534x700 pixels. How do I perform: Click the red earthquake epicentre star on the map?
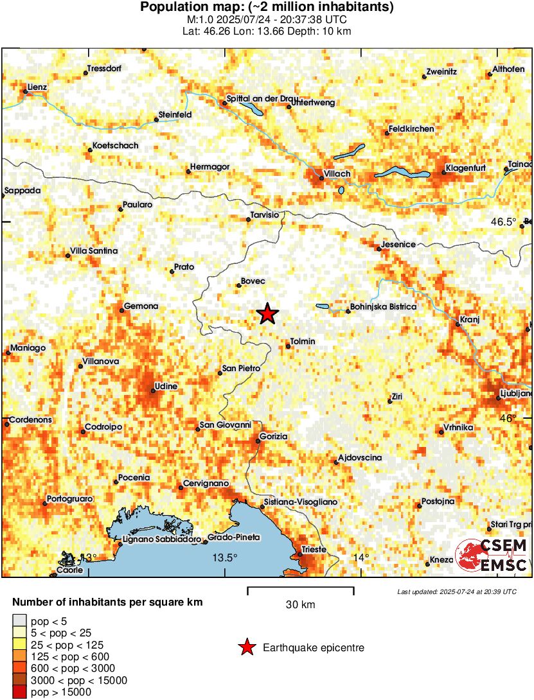click(267, 313)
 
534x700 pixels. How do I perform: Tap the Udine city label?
click(165, 386)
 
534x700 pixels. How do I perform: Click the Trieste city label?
click(314, 550)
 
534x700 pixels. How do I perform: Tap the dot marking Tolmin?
click(288, 347)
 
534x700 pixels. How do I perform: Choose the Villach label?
click(337, 174)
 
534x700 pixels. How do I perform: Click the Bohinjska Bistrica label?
click(382, 306)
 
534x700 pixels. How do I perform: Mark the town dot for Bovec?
click(238, 286)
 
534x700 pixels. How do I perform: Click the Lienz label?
click(37, 87)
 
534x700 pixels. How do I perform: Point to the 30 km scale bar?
click(300, 588)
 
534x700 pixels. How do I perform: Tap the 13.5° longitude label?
click(225, 557)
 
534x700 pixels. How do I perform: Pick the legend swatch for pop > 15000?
click(20, 692)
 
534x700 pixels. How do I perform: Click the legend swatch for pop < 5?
click(20, 620)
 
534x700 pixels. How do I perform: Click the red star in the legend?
click(245, 648)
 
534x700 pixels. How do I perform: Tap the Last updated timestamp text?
click(456, 591)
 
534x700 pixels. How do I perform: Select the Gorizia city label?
click(273, 437)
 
